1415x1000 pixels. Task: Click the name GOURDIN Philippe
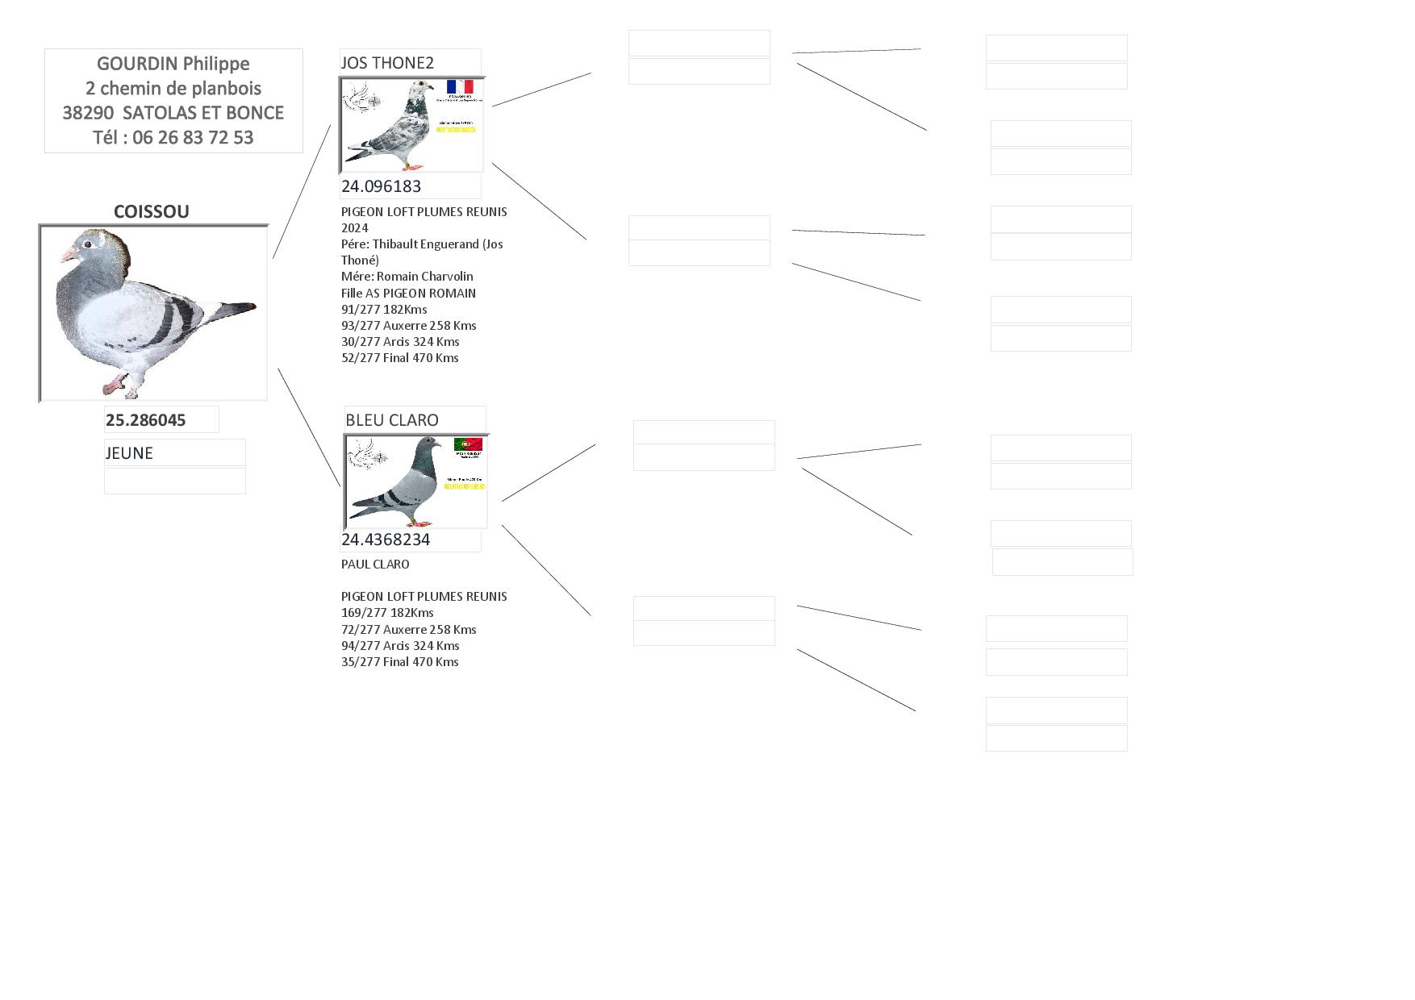[x=173, y=64]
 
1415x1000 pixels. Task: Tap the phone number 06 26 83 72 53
[x=193, y=138]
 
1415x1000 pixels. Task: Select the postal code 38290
[x=88, y=113]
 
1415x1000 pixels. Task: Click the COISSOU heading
[x=152, y=211]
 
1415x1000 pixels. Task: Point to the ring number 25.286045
[x=145, y=420]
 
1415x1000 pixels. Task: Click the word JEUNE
[x=129, y=453]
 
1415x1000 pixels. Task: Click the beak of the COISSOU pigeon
[x=66, y=255]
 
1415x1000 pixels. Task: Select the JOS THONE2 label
[x=387, y=63]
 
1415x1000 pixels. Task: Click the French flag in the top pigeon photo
[x=460, y=86]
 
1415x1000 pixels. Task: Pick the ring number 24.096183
[x=381, y=186]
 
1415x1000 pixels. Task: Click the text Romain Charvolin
[x=424, y=277]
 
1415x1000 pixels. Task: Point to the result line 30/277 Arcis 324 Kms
[x=400, y=342]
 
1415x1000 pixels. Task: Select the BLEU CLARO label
[x=392, y=420]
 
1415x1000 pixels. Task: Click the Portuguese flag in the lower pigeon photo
[x=468, y=444]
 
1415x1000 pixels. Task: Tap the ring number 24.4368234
[x=386, y=540]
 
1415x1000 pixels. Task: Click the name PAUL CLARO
[x=375, y=565]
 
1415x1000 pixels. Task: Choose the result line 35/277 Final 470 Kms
[x=399, y=662]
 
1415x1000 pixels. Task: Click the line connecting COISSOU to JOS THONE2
[x=302, y=191]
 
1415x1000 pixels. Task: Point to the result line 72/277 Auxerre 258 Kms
[x=408, y=630]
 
